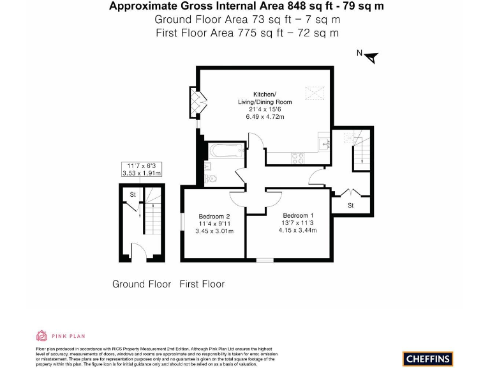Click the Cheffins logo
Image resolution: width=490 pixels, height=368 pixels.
pos(429,358)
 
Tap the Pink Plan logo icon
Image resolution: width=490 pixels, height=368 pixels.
pos(41,335)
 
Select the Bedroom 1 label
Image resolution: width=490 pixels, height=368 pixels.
pos(298,215)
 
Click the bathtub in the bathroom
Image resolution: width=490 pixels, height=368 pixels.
pos(225,151)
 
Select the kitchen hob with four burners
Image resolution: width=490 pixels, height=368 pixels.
pos(299,156)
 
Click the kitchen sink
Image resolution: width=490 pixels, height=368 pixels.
pos(325,143)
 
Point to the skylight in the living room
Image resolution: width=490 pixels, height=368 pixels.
pos(314,93)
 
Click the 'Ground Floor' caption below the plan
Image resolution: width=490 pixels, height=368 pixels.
pos(142,284)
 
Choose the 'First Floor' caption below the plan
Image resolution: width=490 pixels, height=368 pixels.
pos(202,284)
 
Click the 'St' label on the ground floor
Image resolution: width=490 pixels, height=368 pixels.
pos(133,194)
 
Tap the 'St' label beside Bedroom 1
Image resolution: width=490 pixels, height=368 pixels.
pos(350,206)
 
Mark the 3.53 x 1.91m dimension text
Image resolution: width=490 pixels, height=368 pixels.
pos(142,173)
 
